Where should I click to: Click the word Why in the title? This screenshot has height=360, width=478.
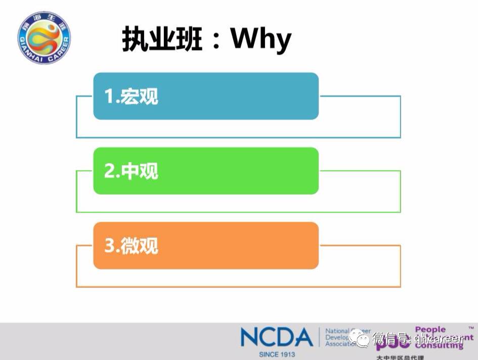(261, 39)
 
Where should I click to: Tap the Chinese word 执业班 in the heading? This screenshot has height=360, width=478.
(161, 39)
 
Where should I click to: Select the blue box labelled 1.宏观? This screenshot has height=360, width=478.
(206, 96)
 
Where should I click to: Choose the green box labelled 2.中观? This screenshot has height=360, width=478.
(206, 171)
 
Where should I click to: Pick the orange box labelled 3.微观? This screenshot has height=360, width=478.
(206, 246)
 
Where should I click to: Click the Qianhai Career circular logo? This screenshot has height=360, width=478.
(44, 38)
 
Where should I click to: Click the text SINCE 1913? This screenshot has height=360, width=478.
(277, 354)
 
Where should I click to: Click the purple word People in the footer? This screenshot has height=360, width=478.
(430, 330)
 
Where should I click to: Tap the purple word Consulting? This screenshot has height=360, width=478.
(439, 346)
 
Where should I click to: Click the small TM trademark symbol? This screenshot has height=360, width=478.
(471, 328)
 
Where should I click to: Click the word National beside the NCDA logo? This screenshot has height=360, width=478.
(337, 331)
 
